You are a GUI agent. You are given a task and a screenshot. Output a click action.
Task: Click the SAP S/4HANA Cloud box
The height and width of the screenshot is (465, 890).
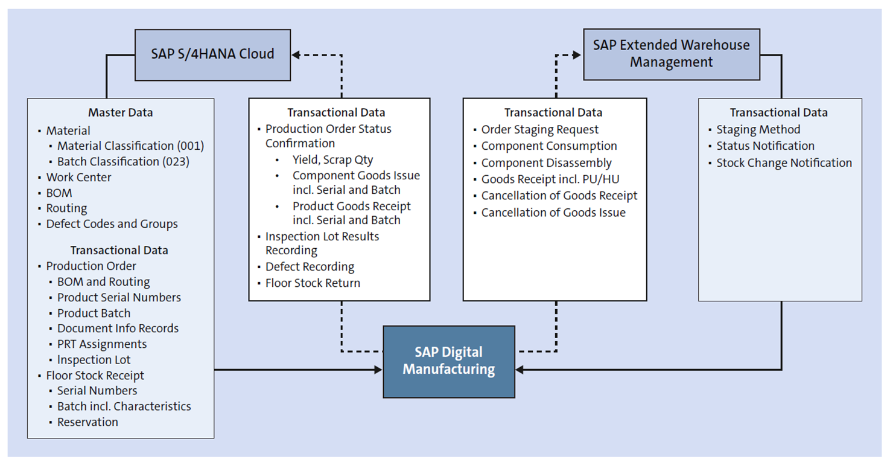tap(212, 54)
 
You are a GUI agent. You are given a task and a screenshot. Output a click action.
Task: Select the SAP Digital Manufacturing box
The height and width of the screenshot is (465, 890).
tap(449, 361)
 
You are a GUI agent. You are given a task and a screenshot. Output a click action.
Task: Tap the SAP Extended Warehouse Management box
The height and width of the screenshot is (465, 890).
tap(671, 54)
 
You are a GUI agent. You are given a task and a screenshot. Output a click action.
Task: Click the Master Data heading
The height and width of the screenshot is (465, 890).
tap(121, 113)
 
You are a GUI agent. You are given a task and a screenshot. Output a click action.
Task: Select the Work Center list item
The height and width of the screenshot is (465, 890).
tap(78, 178)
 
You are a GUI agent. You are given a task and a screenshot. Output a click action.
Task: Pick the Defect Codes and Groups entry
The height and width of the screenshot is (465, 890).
tap(112, 224)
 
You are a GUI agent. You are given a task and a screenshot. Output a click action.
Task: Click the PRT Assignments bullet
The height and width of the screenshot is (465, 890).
tap(102, 344)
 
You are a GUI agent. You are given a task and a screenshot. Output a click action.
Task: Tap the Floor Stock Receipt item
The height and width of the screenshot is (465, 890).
tap(95, 376)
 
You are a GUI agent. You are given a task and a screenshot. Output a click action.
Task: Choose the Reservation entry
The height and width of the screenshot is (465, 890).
tap(87, 422)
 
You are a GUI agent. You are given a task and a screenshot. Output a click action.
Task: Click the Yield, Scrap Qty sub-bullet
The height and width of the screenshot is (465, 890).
tap(332, 160)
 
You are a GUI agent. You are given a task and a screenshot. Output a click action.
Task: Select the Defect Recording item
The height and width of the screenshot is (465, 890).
tap(310, 267)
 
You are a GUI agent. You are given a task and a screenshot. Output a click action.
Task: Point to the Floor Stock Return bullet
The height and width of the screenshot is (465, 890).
tap(313, 283)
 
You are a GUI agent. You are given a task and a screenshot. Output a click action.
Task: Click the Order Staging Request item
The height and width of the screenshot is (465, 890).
tap(539, 130)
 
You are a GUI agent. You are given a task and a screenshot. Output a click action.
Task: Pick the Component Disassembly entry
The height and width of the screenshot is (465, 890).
tap(546, 163)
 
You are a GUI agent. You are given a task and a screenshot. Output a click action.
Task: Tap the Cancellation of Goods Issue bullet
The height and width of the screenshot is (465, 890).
tap(553, 213)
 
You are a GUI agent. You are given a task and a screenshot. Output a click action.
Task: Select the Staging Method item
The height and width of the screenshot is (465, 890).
tap(758, 130)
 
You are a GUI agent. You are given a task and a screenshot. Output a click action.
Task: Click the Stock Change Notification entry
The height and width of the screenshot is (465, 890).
tap(784, 163)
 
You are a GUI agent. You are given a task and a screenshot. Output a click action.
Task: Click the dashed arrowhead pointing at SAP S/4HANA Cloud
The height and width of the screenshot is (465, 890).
tap(296, 55)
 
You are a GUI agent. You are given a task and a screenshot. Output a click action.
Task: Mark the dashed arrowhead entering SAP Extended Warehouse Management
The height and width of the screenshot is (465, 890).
tap(577, 55)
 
